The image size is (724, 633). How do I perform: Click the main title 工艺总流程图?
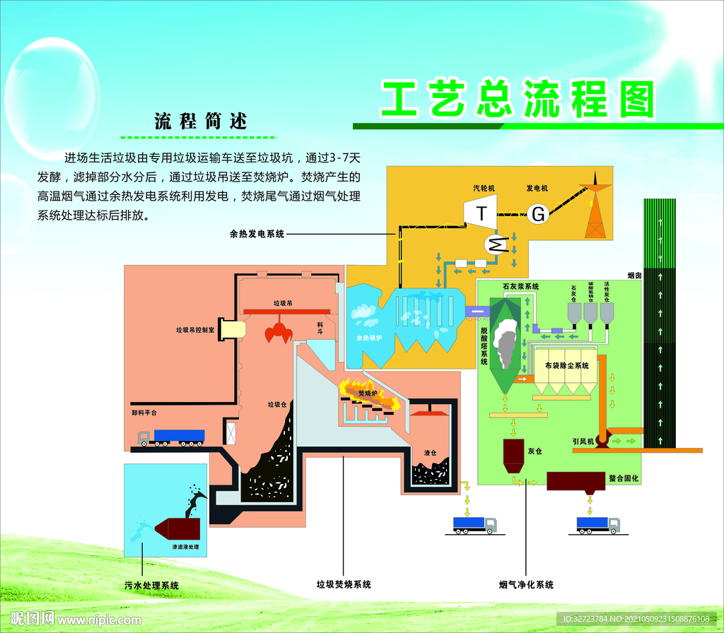518,100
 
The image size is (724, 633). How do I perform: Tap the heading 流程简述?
202,121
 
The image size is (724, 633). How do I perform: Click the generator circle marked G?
539,213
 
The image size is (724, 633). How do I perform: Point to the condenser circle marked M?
496,244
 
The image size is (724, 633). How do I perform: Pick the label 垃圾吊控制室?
196,329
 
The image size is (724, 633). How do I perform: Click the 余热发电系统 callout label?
257,234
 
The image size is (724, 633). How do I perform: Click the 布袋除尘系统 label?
566,365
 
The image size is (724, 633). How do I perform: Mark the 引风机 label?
583,442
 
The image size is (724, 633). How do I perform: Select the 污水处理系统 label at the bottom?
151,585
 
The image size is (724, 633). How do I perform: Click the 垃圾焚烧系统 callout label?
344,584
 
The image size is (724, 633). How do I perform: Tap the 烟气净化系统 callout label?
526,584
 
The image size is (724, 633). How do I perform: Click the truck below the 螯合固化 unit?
597,525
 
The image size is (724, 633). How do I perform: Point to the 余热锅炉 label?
369,338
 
